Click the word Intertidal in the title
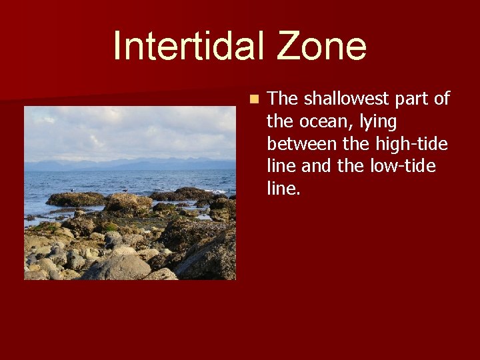point(180,46)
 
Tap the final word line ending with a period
point(283,188)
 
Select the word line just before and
point(280,166)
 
